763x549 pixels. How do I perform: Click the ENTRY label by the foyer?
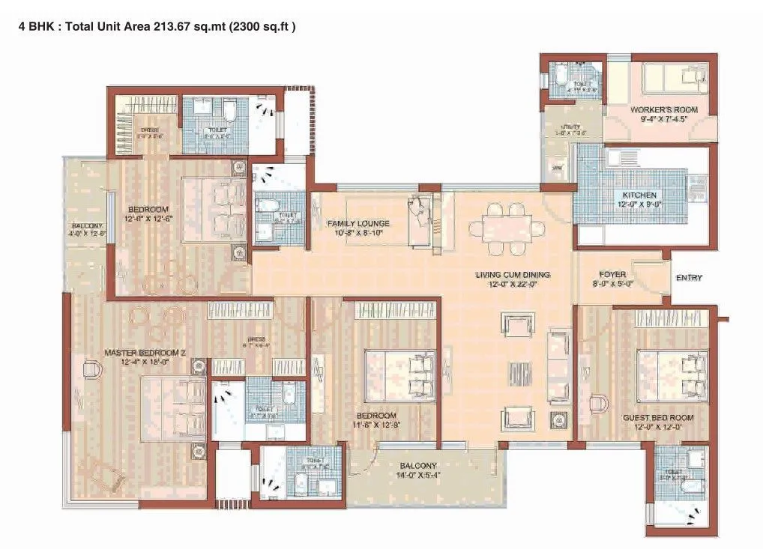[x=689, y=278]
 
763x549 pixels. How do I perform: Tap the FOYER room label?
[x=612, y=275]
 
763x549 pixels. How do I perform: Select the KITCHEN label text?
[x=639, y=195]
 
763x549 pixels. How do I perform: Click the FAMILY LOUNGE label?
[x=358, y=223]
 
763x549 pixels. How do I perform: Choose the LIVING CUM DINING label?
[x=513, y=275]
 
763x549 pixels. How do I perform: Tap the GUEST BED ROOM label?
[x=658, y=417]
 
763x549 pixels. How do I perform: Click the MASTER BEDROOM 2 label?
[x=145, y=352]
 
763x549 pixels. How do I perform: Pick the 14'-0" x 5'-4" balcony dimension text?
[x=417, y=476]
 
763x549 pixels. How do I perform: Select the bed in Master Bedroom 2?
[x=172, y=409]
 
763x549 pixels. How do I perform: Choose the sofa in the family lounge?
[x=421, y=222]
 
